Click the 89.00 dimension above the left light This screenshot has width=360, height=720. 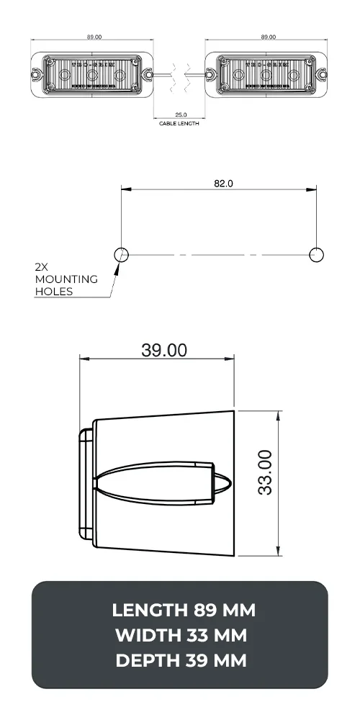(94, 36)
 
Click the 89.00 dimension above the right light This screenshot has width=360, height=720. (268, 36)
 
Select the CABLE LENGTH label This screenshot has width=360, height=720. (179, 124)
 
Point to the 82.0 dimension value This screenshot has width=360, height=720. (223, 184)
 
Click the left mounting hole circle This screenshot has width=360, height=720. (121, 253)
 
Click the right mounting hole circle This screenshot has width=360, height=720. (316, 253)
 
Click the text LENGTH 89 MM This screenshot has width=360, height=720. (184, 611)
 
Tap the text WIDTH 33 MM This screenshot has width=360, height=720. (180, 636)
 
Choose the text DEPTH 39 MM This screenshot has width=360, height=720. (180, 660)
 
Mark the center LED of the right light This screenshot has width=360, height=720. (267, 74)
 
